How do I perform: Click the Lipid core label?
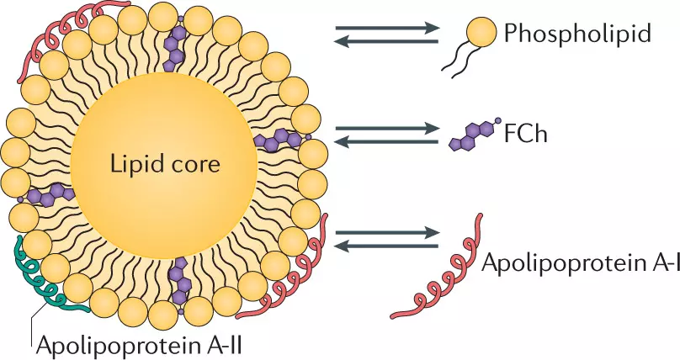(165, 163)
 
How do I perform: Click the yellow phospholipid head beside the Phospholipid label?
(481, 34)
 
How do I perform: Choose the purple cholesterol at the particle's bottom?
(178, 282)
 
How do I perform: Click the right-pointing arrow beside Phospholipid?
(386, 28)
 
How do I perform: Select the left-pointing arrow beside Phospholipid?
(386, 41)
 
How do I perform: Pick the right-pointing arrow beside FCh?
(386, 129)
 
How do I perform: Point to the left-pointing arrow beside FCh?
(386, 142)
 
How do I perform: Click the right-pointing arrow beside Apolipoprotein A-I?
(386, 231)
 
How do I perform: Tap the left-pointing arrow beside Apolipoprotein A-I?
(386, 245)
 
